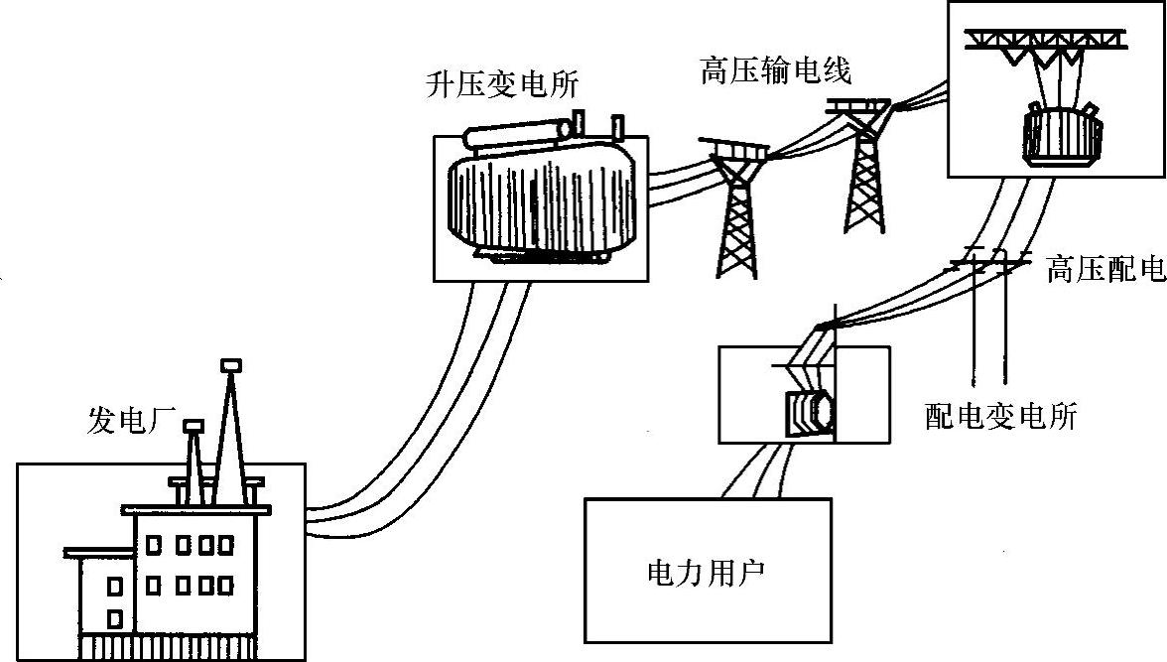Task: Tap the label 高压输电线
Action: click(775, 72)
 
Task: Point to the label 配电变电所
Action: click(1000, 416)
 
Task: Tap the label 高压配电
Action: click(1104, 269)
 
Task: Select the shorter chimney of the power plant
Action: click(194, 457)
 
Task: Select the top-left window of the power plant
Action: click(154, 544)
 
